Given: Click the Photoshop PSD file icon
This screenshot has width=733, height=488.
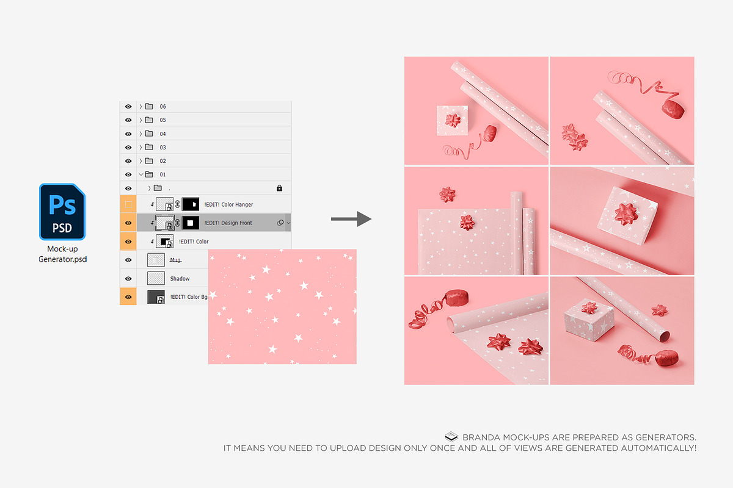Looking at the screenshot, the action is pyautogui.click(x=62, y=212).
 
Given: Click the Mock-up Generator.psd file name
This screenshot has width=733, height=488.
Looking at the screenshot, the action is pyautogui.click(x=62, y=254).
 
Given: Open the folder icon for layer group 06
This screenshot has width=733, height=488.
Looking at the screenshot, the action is pyautogui.click(x=149, y=106).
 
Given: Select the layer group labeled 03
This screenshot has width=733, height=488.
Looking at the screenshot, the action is pyautogui.click(x=162, y=148).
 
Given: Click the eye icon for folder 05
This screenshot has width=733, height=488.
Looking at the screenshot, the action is pyautogui.click(x=128, y=120).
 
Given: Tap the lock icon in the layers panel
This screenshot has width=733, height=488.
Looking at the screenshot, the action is pyautogui.click(x=279, y=188).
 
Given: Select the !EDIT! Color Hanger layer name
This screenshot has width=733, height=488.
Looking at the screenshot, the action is pyautogui.click(x=228, y=204).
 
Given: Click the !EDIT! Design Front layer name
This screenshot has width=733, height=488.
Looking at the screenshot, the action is pyautogui.click(x=228, y=223).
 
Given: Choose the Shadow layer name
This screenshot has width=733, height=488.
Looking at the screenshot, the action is pyautogui.click(x=180, y=279).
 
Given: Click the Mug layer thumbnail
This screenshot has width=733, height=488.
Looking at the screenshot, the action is pyautogui.click(x=156, y=260).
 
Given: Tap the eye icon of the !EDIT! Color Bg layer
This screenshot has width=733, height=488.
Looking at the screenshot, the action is pyautogui.click(x=128, y=297).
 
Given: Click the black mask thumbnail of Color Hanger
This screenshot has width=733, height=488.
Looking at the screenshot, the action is pyautogui.click(x=191, y=204).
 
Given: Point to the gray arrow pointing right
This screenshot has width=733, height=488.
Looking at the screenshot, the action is pyautogui.click(x=351, y=218).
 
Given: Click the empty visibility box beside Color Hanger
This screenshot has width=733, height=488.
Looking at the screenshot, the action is pyautogui.click(x=128, y=204).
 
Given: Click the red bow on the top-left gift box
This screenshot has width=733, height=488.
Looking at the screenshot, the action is pyautogui.click(x=453, y=120).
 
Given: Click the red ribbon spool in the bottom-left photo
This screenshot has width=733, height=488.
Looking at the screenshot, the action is pyautogui.click(x=456, y=298).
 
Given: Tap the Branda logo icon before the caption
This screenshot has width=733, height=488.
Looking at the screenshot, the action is pyautogui.click(x=451, y=437).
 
